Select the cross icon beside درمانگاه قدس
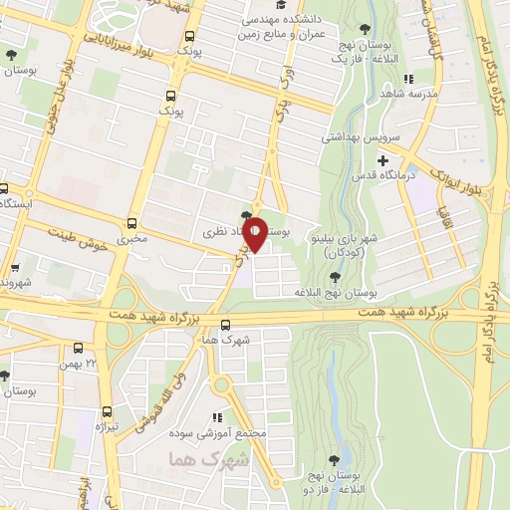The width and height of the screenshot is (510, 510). (x=382, y=159)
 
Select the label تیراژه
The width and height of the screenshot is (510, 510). (x=106, y=426)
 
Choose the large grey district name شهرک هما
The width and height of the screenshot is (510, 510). (x=193, y=459)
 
